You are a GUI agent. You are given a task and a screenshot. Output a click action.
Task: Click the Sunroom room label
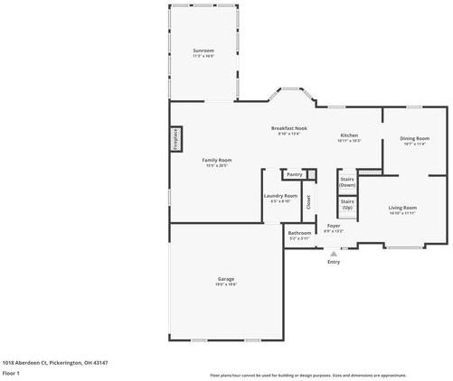[203, 51]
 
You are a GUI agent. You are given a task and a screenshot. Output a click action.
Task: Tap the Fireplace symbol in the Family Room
[175, 140]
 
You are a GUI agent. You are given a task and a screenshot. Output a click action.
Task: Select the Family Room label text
[217, 162]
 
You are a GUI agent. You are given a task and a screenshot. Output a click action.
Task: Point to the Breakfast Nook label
[289, 130]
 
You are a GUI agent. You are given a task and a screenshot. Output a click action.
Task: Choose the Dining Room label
[414, 140]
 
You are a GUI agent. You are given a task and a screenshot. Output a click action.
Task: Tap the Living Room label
[402, 209]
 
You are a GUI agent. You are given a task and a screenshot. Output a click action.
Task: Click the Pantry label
[294, 174]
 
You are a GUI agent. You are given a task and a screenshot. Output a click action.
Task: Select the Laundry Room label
[280, 197]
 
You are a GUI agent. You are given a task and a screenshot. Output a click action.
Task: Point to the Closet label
[308, 202]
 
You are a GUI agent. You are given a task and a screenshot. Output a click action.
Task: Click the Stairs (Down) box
[347, 181]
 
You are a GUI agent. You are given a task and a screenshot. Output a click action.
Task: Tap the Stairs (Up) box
[347, 205]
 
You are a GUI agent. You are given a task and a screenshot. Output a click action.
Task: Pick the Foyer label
[334, 227]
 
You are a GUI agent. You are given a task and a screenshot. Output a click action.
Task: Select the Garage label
[226, 281]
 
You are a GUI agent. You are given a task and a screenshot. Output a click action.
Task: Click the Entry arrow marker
[334, 254]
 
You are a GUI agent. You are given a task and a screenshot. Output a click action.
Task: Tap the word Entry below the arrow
[334, 262]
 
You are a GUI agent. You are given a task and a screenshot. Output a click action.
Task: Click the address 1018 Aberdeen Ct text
[42, 361]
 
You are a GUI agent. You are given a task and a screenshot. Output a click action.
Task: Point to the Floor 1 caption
[11, 372]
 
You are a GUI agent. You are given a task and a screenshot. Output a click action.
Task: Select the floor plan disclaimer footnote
[307, 373]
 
